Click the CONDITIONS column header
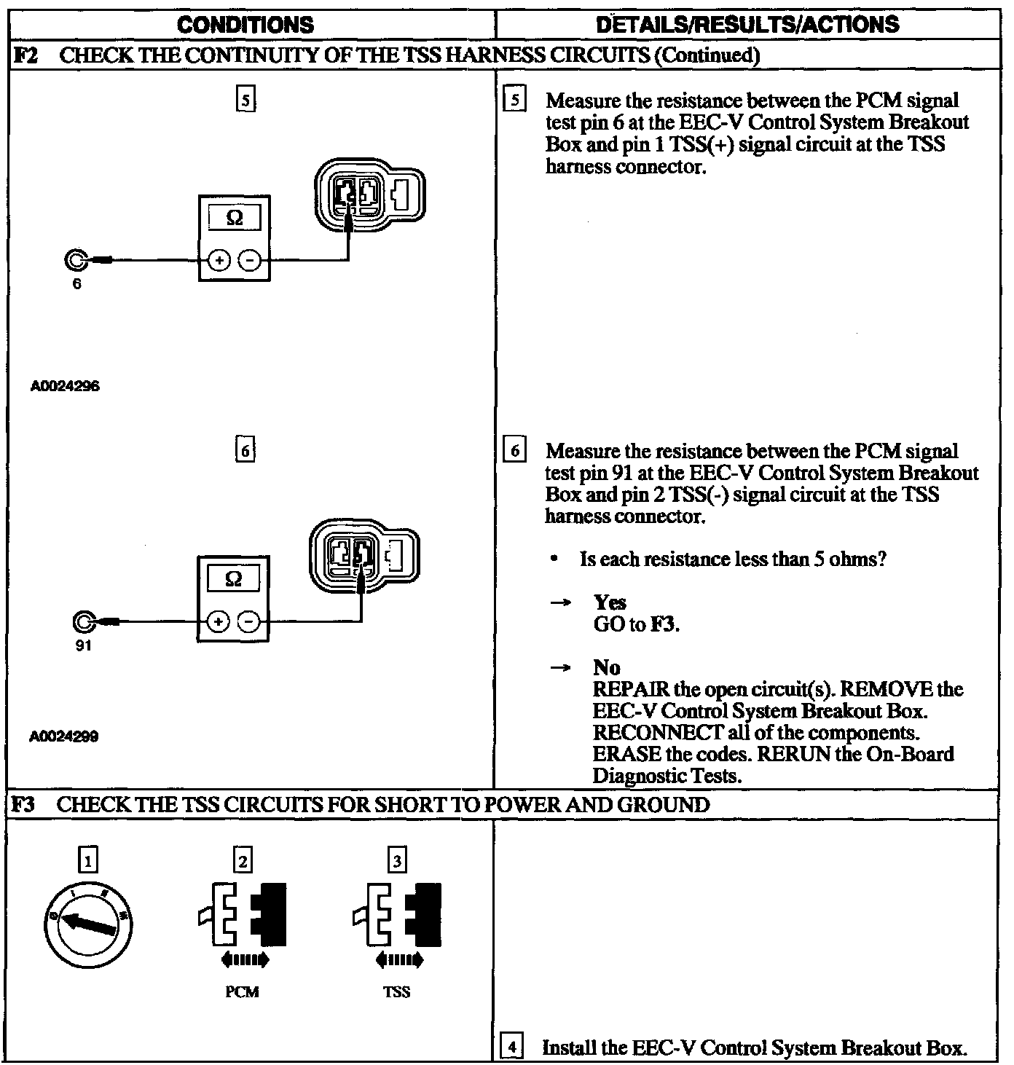pos(245,25)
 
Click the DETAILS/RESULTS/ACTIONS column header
pos(747,25)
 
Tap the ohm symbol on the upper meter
pos(235,218)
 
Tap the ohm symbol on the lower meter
pos(234,579)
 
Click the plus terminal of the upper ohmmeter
pos(219,259)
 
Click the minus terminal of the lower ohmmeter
pos(249,621)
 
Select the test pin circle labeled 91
pos(84,621)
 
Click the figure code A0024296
pos(65,386)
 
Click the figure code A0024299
pos(65,736)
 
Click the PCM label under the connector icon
pos(242,992)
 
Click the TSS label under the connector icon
pos(396,992)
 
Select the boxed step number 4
pos(514,1048)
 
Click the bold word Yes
pos(610,602)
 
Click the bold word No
pos(607,667)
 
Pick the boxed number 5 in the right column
pos(514,101)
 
